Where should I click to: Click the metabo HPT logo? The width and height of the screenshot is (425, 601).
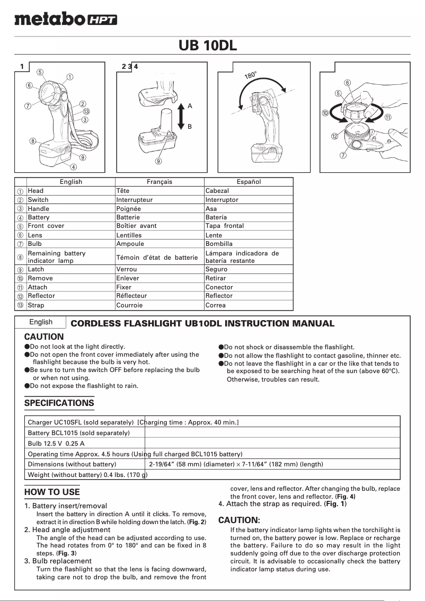click(66, 20)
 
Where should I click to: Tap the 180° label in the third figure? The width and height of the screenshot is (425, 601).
click(251, 75)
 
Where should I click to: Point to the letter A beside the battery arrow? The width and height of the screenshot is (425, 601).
click(190, 106)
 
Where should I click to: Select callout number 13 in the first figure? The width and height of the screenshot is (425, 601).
click(86, 111)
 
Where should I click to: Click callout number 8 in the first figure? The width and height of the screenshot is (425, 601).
click(33, 141)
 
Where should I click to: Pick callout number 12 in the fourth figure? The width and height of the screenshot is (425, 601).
click(334, 136)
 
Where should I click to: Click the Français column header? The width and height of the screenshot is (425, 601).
click(160, 182)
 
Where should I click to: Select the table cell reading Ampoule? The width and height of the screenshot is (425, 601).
click(130, 244)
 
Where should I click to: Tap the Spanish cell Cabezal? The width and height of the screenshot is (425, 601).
click(217, 191)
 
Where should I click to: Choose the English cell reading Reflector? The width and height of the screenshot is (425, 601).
click(41, 296)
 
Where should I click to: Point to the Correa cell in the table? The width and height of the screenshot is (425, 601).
click(216, 305)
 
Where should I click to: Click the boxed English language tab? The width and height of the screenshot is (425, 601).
click(41, 322)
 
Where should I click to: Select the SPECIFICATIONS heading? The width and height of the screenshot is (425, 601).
click(59, 403)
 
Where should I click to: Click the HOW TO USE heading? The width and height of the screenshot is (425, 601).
click(52, 492)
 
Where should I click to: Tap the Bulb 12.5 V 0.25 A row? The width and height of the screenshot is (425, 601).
click(56, 443)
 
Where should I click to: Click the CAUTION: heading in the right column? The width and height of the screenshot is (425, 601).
click(239, 520)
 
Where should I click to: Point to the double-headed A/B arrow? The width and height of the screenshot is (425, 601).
click(181, 116)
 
